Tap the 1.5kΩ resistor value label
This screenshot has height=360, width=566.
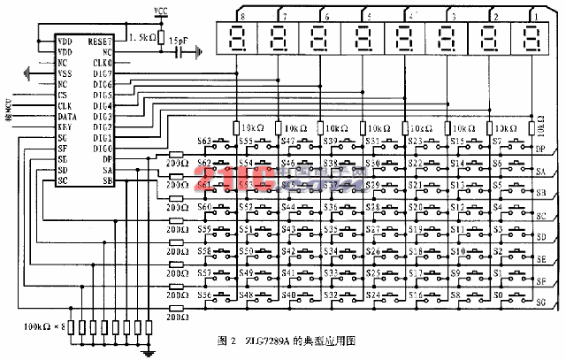pyautogui.click(x=142, y=38)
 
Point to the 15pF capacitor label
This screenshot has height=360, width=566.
pyautogui.click(x=178, y=40)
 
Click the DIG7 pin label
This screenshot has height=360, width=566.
pyautogui.click(x=102, y=73)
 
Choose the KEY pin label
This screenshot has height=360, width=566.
pyautogui.click(x=64, y=126)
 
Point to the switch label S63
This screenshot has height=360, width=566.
pyautogui.click(x=204, y=142)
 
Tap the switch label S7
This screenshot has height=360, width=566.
pyautogui.click(x=497, y=142)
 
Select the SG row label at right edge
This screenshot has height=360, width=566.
pyautogui.click(x=539, y=303)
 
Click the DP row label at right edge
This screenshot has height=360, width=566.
pyautogui.click(x=539, y=149)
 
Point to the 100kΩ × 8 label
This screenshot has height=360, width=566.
pyautogui.click(x=44, y=326)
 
